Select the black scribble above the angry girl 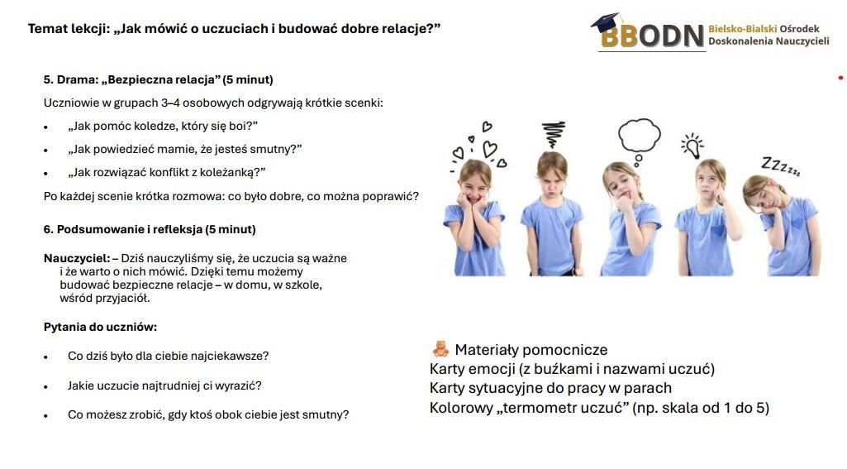pyautogui.click(x=553, y=134)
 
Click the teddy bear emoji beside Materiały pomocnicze pyautogui.click(x=440, y=349)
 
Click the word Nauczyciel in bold pyautogui.click(x=77, y=259)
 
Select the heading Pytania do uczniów pyautogui.click(x=101, y=327)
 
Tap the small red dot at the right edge pyautogui.click(x=840, y=79)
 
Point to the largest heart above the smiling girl pyautogui.click(x=490, y=149)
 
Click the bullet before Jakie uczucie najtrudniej pyautogui.click(x=46, y=387)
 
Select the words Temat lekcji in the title pyautogui.click(x=69, y=29)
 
